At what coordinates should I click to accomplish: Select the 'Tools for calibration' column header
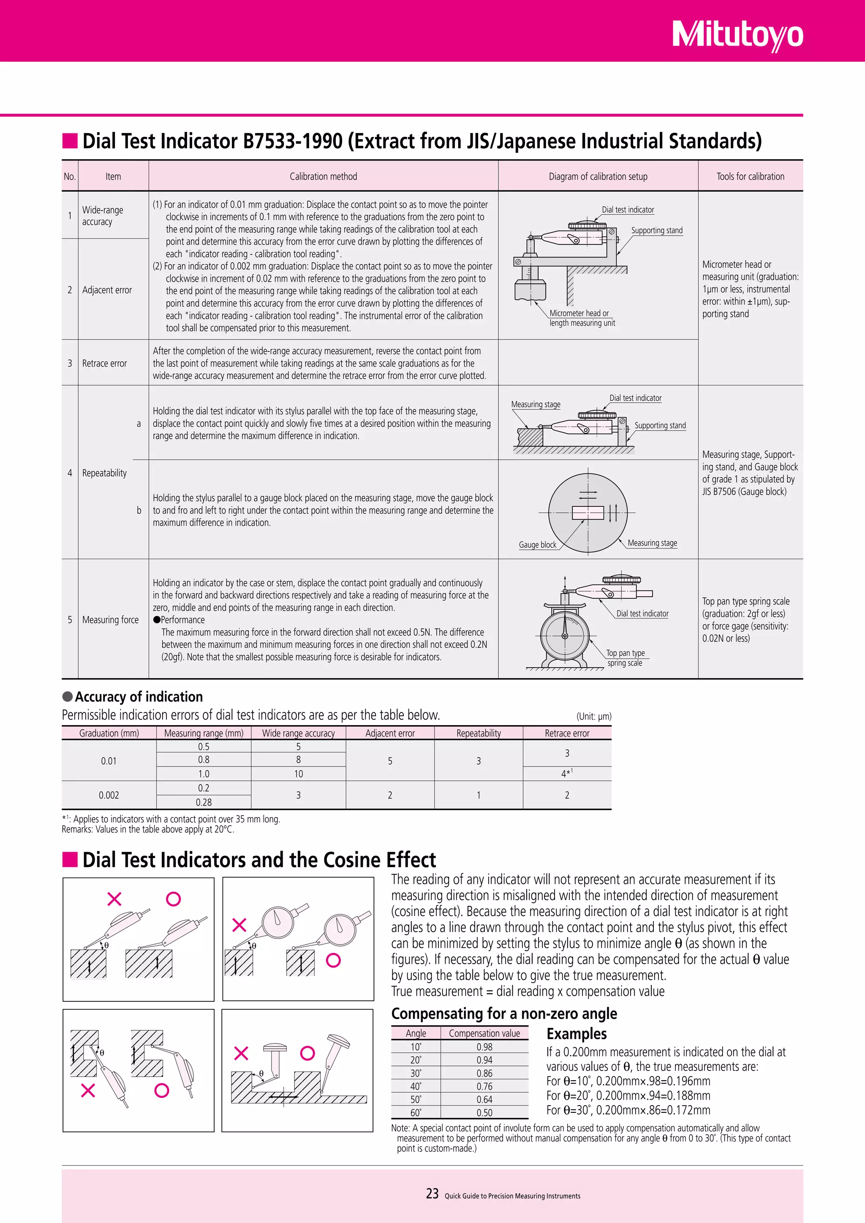tap(750, 176)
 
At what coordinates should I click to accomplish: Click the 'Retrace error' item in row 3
tap(104, 363)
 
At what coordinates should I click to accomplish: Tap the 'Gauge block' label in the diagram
tap(537, 544)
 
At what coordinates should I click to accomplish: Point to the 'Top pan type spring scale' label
tap(626, 658)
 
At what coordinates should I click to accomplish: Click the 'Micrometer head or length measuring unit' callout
tap(582, 318)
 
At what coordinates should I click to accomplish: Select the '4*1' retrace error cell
tap(567, 773)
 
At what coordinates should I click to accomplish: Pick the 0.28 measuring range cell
tap(204, 802)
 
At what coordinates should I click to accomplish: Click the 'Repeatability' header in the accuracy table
tap(478, 733)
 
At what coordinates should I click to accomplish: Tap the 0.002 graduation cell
tap(109, 795)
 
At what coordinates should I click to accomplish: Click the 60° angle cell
tap(416, 1112)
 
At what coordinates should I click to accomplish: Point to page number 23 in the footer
tap(432, 1194)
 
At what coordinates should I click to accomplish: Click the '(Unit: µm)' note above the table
tap(594, 716)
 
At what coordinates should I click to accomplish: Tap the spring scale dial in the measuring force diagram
tap(565, 636)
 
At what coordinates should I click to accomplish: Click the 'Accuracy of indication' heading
tap(139, 697)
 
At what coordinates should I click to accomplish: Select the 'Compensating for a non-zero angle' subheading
tap(504, 1013)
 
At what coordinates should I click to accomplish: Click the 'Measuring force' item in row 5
tap(110, 620)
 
